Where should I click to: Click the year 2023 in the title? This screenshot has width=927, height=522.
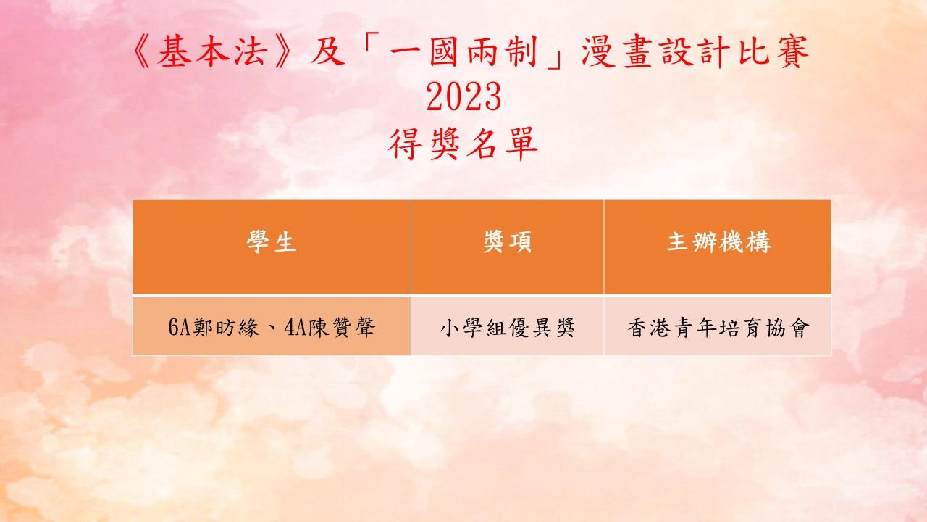(464, 96)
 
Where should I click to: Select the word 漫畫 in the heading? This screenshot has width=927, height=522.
(616, 51)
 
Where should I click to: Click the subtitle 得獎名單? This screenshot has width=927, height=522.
(463, 144)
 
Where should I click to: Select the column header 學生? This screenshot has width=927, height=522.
(272, 242)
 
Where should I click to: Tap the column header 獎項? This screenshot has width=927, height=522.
(508, 242)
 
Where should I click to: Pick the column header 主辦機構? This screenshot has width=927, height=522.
(718, 242)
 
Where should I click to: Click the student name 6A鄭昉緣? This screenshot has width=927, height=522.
(214, 327)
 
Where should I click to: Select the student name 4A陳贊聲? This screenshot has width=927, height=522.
(330, 327)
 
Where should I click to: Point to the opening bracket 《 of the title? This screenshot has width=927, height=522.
(143, 51)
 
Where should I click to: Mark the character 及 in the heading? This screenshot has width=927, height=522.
(328, 51)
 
